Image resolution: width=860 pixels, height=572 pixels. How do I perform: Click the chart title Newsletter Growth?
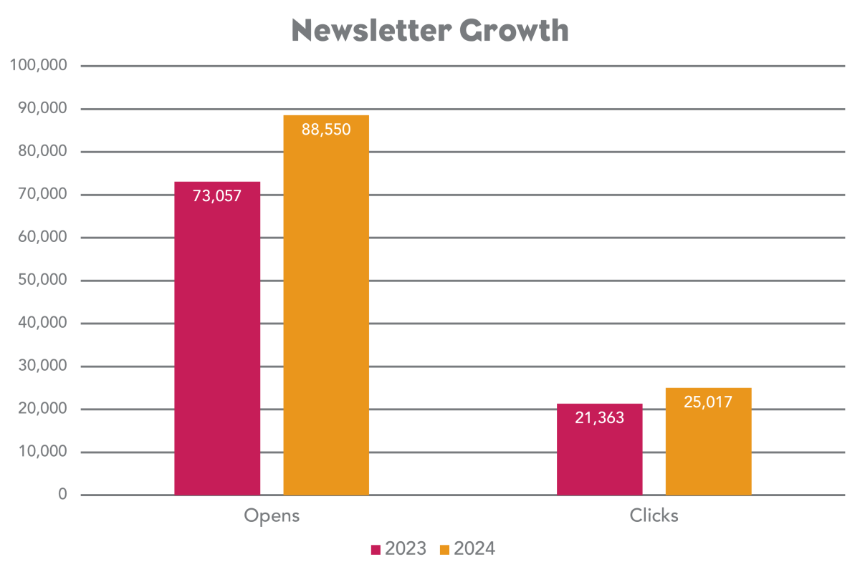click(x=430, y=31)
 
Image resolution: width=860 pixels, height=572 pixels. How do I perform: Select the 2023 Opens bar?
click(x=217, y=344)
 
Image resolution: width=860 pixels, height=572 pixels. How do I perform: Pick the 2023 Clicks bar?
click(x=600, y=458)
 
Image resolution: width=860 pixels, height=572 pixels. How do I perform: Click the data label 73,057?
click(x=217, y=195)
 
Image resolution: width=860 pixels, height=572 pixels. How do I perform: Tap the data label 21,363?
click(x=600, y=418)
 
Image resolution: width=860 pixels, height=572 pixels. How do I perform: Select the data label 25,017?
click(x=709, y=402)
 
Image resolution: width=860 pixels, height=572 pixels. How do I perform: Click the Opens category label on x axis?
click(x=272, y=515)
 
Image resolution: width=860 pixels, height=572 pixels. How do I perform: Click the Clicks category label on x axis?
click(x=654, y=515)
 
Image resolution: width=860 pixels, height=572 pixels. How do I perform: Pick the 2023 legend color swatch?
click(x=375, y=550)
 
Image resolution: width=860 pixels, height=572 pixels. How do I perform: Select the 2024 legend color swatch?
click(x=444, y=550)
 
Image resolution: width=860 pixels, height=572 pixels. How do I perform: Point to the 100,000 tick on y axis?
click(x=39, y=66)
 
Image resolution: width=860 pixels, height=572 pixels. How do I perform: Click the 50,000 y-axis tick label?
click(x=42, y=281)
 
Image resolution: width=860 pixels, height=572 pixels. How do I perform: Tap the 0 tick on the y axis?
click(x=62, y=495)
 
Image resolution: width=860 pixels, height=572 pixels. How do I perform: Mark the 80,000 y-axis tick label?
click(x=42, y=152)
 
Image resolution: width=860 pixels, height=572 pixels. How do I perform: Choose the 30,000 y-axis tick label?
click(x=42, y=367)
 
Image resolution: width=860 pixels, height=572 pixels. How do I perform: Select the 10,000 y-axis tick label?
click(x=42, y=452)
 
